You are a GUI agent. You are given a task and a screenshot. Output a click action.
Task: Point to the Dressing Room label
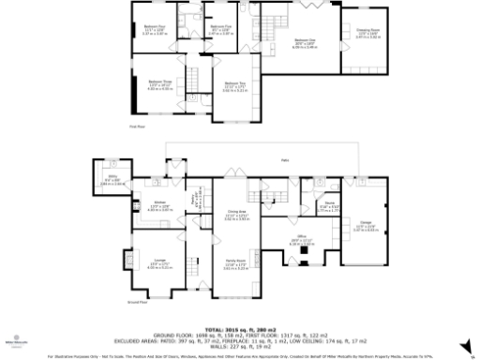click(x=361, y=31)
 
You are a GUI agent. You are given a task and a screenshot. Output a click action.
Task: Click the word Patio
click(x=283, y=160)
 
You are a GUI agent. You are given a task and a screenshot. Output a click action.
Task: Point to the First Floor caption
click(x=138, y=127)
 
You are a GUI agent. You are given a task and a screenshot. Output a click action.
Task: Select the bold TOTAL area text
click(x=239, y=328)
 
